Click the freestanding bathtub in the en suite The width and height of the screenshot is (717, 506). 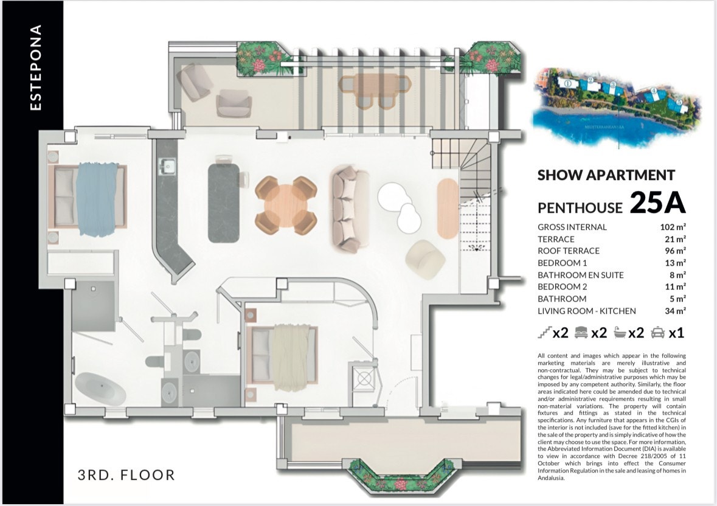pos(100,389)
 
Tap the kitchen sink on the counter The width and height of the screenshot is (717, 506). pos(167,167)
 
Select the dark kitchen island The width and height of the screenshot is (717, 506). pos(224,203)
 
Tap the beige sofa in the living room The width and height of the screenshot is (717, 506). pos(350,209)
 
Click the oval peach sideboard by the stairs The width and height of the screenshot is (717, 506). pos(448,208)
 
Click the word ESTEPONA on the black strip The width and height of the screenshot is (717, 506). pos(35,68)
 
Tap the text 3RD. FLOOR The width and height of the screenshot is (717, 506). pos(126,475)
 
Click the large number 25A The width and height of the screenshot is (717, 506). pos(657,203)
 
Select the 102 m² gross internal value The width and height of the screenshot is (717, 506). pos(673,227)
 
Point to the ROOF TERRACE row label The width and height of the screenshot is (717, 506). pos(569,251)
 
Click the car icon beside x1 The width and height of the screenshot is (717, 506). pos(657,333)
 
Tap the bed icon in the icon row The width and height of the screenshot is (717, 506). pos(581,333)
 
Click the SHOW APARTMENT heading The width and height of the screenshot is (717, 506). pos(606,175)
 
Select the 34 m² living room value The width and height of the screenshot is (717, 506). pos(676,311)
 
